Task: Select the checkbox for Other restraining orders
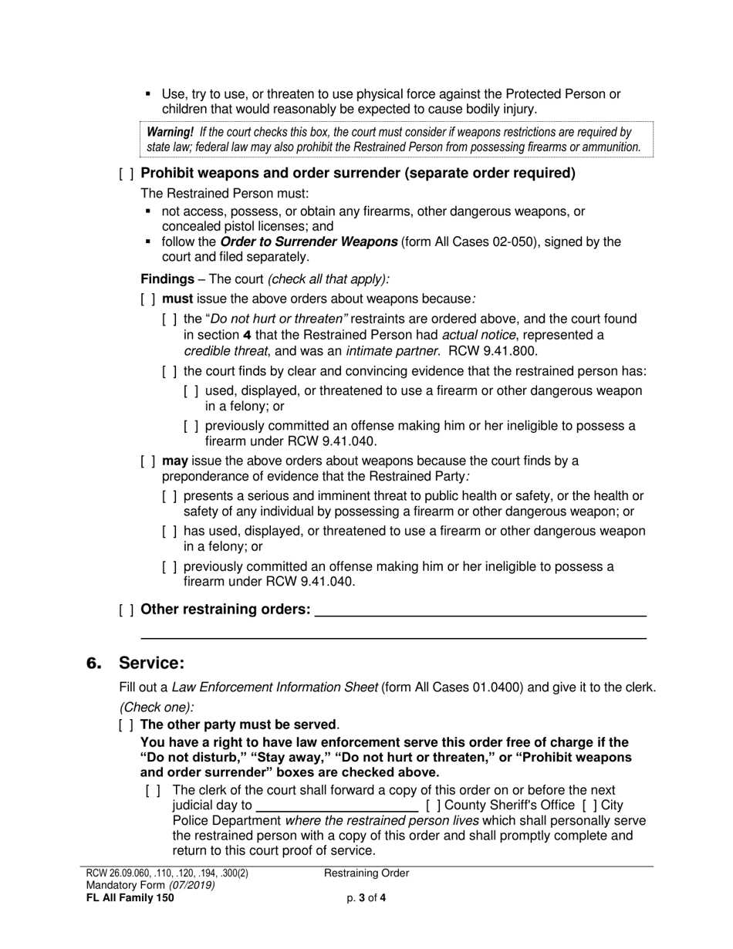[127, 610]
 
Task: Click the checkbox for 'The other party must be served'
[127, 725]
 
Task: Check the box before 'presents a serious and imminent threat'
[170, 497]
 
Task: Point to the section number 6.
[93, 664]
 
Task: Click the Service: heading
[152, 664]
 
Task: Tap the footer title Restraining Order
[366, 873]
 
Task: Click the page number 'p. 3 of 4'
[366, 897]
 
